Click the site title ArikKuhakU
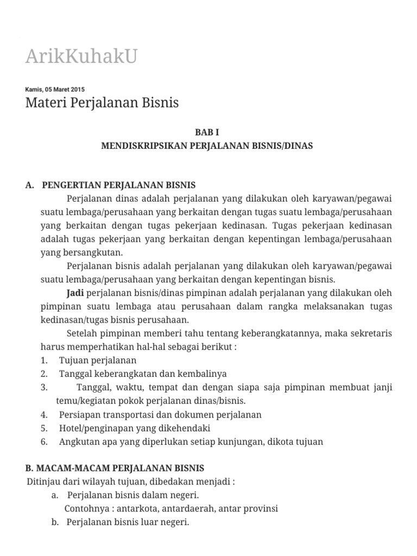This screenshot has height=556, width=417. pyautogui.click(x=81, y=56)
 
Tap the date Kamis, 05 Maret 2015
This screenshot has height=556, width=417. pyautogui.click(x=55, y=90)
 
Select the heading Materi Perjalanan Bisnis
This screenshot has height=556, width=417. pyautogui.click(x=102, y=102)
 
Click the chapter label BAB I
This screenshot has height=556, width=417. pyautogui.click(x=207, y=132)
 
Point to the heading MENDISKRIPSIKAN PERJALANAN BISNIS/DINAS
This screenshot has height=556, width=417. pyautogui.click(x=207, y=146)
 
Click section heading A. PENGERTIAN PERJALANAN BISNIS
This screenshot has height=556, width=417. pyautogui.click(x=110, y=185)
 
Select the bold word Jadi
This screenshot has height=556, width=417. pyautogui.click(x=75, y=293)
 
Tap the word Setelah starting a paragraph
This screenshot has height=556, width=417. pyautogui.click(x=82, y=333)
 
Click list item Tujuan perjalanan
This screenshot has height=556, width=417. pyautogui.click(x=98, y=360)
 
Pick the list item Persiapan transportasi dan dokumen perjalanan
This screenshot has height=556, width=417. pyautogui.click(x=160, y=414)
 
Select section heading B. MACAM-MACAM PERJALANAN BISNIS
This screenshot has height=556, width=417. pyautogui.click(x=115, y=467)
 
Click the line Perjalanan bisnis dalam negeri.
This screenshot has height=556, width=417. pyautogui.click(x=133, y=495)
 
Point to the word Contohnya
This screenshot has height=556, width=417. pyautogui.click(x=85, y=509)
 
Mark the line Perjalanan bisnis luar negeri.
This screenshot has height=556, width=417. pyautogui.click(x=128, y=522)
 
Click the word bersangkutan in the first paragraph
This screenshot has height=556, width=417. pyautogui.click(x=89, y=252)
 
